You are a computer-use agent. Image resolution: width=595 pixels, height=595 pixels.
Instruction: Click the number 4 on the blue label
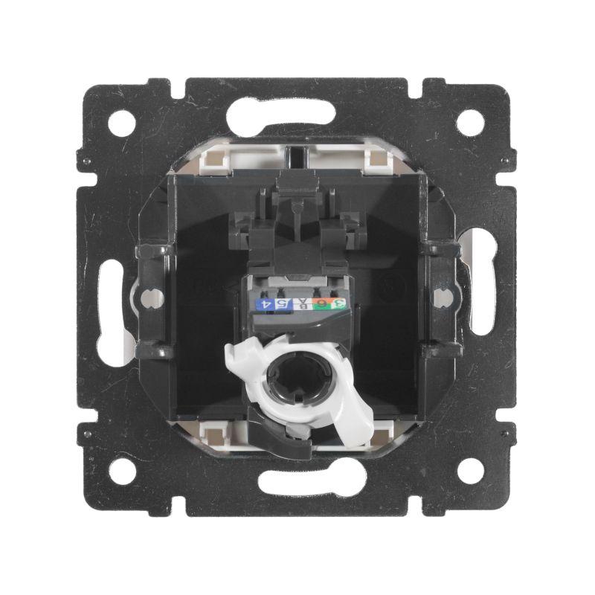pyautogui.click(x=262, y=304)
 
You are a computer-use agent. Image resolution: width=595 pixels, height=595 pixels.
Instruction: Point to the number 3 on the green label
pyautogui.click(x=339, y=303)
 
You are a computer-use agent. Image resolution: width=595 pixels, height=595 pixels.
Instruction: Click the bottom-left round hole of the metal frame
pyautogui.click(x=122, y=470)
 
